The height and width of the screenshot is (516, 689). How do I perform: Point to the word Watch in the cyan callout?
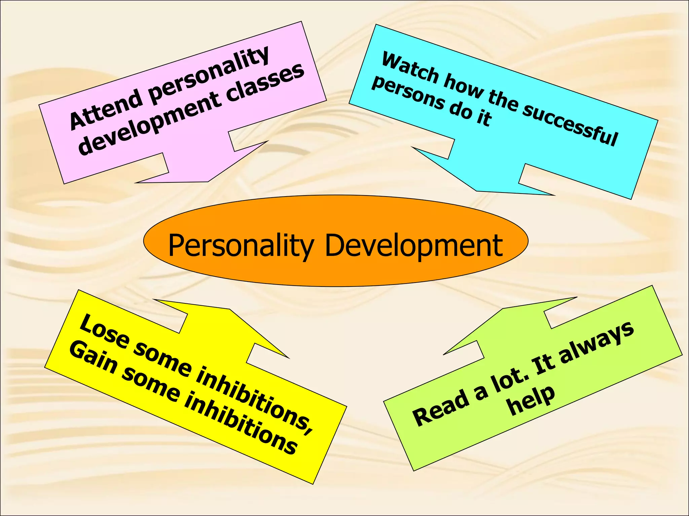point(410,68)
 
